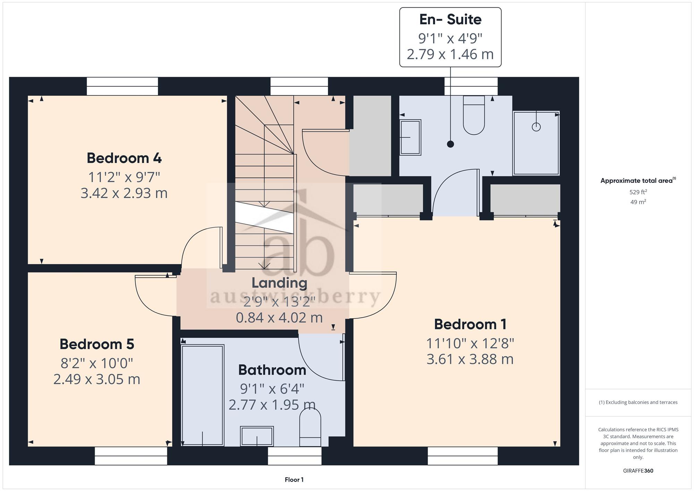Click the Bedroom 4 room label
[x=124, y=158]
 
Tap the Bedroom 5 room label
[x=97, y=344]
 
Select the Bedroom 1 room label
[x=470, y=324]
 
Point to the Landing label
[x=279, y=283]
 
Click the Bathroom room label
[x=272, y=370]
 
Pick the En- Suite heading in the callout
[x=450, y=19]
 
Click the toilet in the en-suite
[x=474, y=115]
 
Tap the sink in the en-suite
[x=411, y=137]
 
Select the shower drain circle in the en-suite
[x=536, y=127]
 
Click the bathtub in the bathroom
[x=202, y=395]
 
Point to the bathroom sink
[x=257, y=436]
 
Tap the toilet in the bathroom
[x=310, y=427]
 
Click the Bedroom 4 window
[x=122, y=86]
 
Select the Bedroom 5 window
[x=131, y=456]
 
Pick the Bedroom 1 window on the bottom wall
[x=463, y=456]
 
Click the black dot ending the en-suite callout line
[x=450, y=144]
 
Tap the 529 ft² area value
[x=638, y=192]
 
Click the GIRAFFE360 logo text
[x=638, y=471]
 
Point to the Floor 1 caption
[x=294, y=480]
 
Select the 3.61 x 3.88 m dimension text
[x=470, y=359]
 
